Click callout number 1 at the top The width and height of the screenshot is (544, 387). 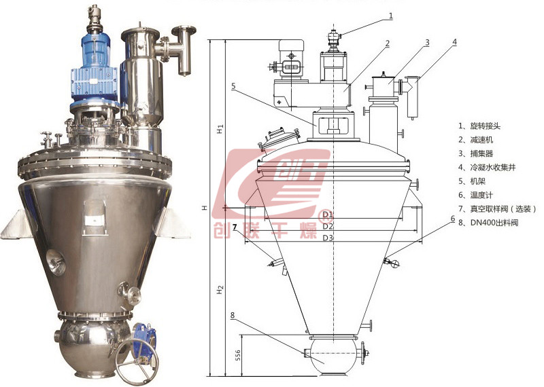click(x=391, y=16)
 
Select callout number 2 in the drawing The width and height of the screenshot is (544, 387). click(x=388, y=43)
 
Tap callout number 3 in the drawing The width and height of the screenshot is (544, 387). click(x=427, y=43)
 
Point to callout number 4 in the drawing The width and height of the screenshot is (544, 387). click(x=454, y=42)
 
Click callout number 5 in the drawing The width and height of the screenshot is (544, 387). click(x=233, y=86)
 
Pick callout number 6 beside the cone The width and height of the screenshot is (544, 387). click(x=453, y=219)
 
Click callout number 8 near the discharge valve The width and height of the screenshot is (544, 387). click(x=233, y=315)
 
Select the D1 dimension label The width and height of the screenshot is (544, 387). click(x=328, y=215)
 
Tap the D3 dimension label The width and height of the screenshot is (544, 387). click(x=328, y=238)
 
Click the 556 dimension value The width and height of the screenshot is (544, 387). click(x=237, y=355)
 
